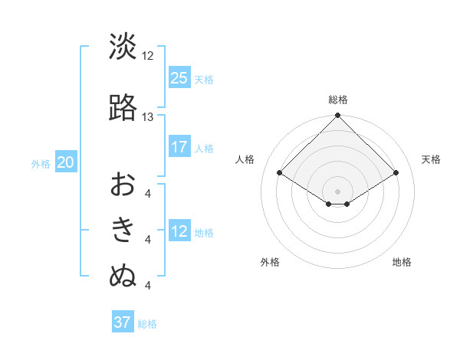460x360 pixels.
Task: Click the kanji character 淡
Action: point(123,47)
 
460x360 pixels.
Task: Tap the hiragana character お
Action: point(123,185)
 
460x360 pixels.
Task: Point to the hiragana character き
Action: point(123,230)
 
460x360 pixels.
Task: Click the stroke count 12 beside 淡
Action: point(148,56)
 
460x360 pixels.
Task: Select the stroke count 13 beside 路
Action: point(148,117)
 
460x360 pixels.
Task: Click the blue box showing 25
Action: point(179,77)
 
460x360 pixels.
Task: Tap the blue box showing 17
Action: point(179,147)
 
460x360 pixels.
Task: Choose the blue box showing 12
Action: point(179,231)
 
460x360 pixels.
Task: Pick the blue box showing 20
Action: point(66,162)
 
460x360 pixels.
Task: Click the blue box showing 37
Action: point(123,322)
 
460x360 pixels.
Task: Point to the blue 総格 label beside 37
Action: point(148,324)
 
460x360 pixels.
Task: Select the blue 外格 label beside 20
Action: point(41,163)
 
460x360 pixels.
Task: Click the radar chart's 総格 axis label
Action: point(338,100)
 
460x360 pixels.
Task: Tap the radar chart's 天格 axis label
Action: point(432,159)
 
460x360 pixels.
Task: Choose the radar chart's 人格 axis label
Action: point(245,159)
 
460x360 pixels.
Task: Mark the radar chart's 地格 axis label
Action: point(402,263)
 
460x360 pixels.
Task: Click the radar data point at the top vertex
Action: point(338,116)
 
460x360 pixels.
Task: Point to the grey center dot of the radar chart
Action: point(338,191)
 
